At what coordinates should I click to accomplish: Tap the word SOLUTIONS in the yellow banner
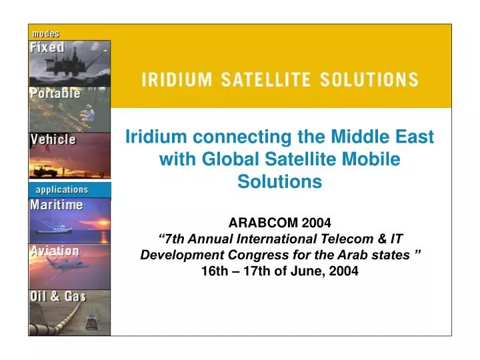click(x=369, y=80)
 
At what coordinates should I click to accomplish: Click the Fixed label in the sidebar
click(x=47, y=48)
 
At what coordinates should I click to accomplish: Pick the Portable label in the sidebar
click(x=55, y=94)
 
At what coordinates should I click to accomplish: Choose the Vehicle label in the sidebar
click(x=53, y=140)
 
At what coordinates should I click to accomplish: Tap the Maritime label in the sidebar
click(x=57, y=205)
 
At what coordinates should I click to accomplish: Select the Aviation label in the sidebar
click(x=55, y=251)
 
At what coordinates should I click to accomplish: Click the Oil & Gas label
click(x=58, y=297)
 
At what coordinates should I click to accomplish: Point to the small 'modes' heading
click(x=46, y=33)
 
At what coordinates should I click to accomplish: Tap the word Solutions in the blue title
click(x=280, y=181)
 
